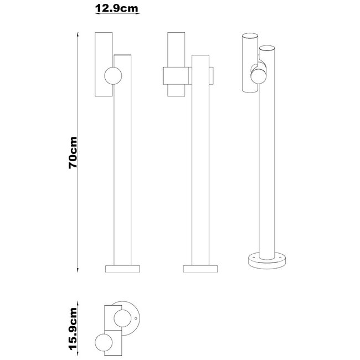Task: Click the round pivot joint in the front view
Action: [x=112, y=75]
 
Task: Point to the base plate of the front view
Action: [x=123, y=269]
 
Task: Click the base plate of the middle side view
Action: [x=200, y=269]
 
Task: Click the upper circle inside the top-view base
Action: [x=122, y=318]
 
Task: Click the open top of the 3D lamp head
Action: [x=249, y=36]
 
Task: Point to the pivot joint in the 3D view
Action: [x=259, y=72]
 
